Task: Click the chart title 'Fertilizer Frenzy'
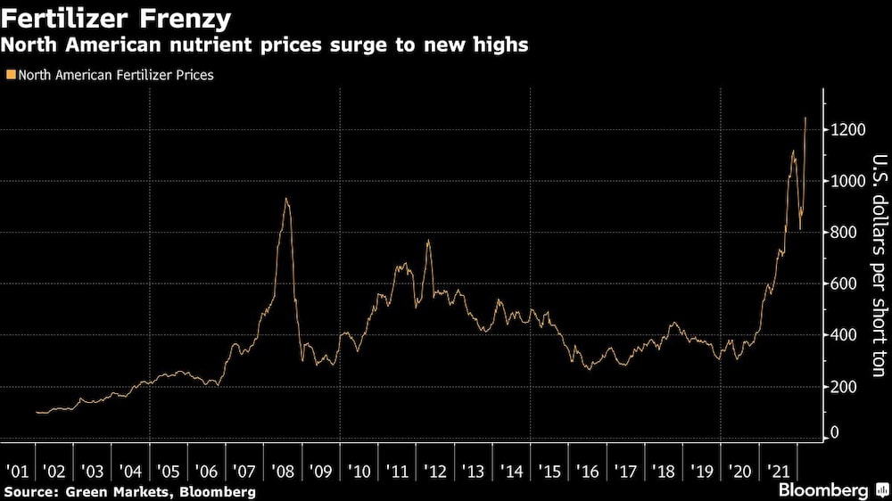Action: click(117, 18)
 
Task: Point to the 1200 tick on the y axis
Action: click(847, 130)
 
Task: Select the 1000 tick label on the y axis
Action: click(847, 181)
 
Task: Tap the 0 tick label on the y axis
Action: click(836, 432)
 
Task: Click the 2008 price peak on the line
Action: click(285, 199)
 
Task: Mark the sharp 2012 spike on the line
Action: click(428, 240)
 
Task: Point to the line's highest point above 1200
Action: click(806, 118)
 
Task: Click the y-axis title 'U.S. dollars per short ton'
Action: click(879, 259)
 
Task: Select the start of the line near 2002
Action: click(37, 412)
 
